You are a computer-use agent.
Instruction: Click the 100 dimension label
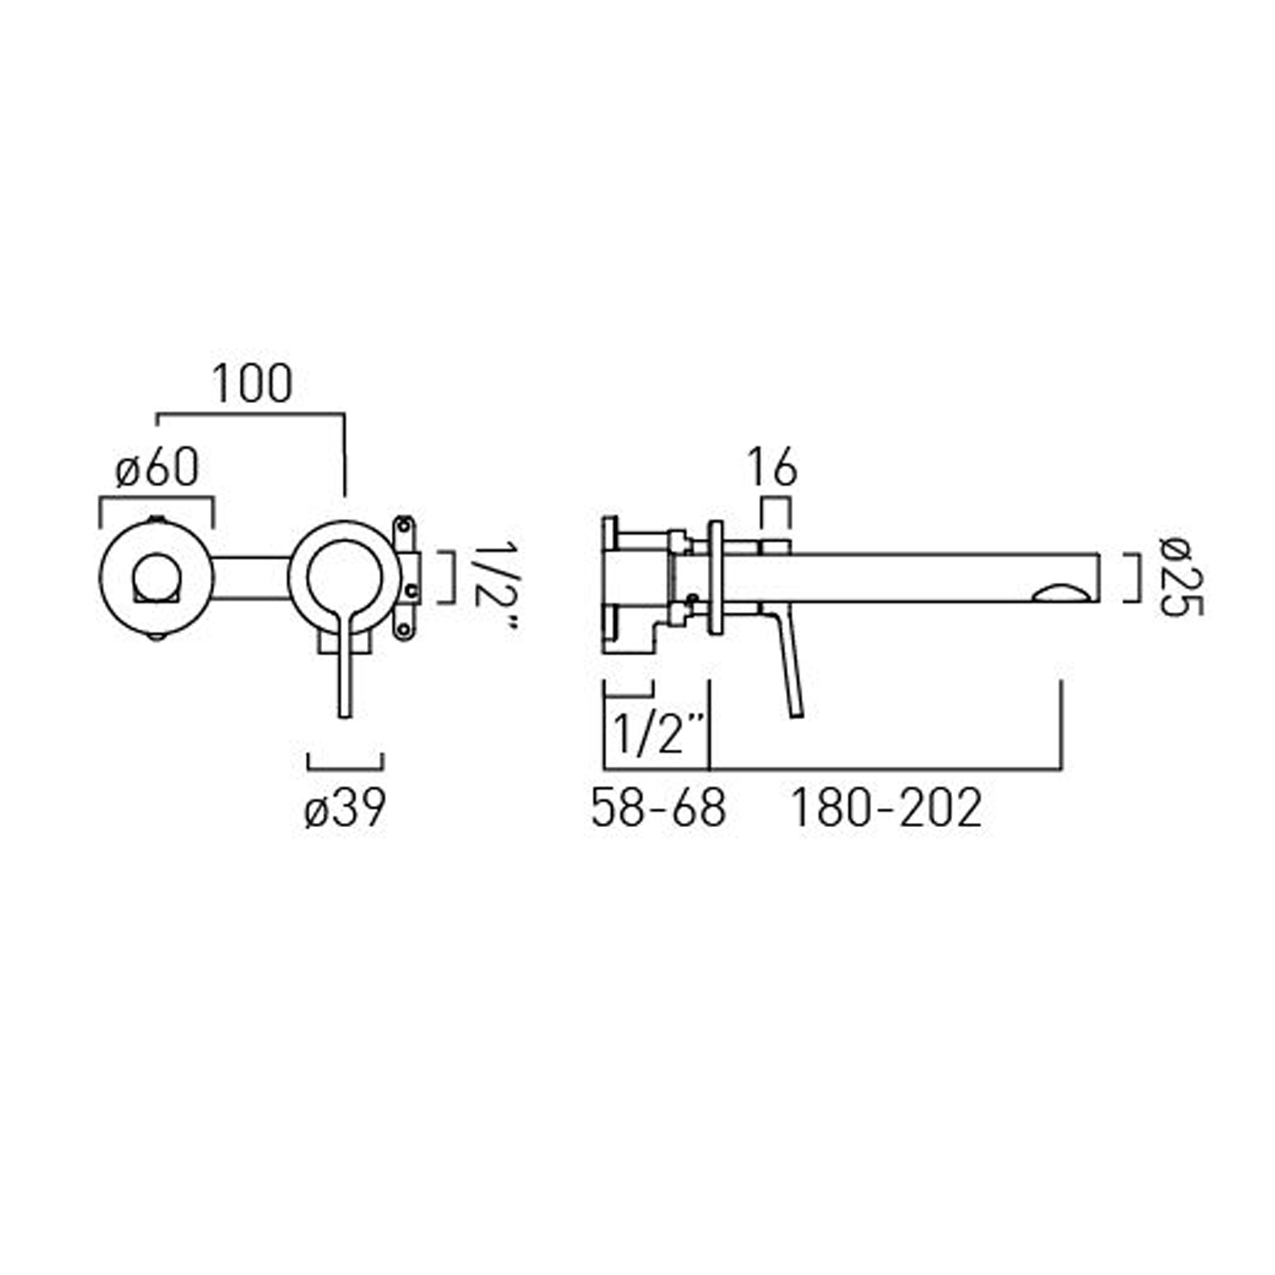point(252,384)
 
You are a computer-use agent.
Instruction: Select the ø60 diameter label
point(157,467)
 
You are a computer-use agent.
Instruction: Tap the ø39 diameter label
point(345,807)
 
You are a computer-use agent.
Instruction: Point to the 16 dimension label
point(772,468)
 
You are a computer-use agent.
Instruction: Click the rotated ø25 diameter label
point(1181,577)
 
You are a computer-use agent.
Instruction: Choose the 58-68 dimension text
point(659,807)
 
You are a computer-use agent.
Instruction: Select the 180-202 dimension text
point(887,807)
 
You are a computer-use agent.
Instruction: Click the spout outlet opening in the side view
point(1062,592)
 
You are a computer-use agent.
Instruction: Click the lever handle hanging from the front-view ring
point(344,671)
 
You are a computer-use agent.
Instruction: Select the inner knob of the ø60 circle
point(155,577)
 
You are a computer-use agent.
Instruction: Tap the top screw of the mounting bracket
point(405,526)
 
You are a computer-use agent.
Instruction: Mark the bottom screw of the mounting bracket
point(404,630)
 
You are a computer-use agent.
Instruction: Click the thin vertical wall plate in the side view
point(716,577)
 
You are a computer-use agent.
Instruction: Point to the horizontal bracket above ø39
point(345,761)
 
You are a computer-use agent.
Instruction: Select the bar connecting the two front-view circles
point(250,578)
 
